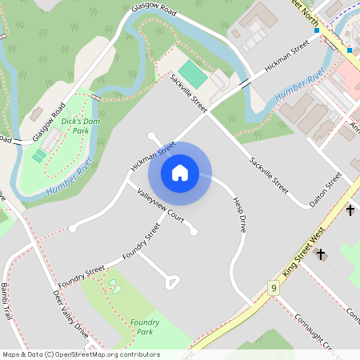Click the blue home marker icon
click(x=180, y=173)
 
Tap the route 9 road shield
click(x=274, y=287)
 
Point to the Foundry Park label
click(x=144, y=326)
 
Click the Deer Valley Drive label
click(x=70, y=313)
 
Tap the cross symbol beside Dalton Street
click(x=350, y=210)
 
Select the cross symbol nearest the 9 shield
click(x=322, y=254)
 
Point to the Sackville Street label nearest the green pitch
click(x=188, y=93)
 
